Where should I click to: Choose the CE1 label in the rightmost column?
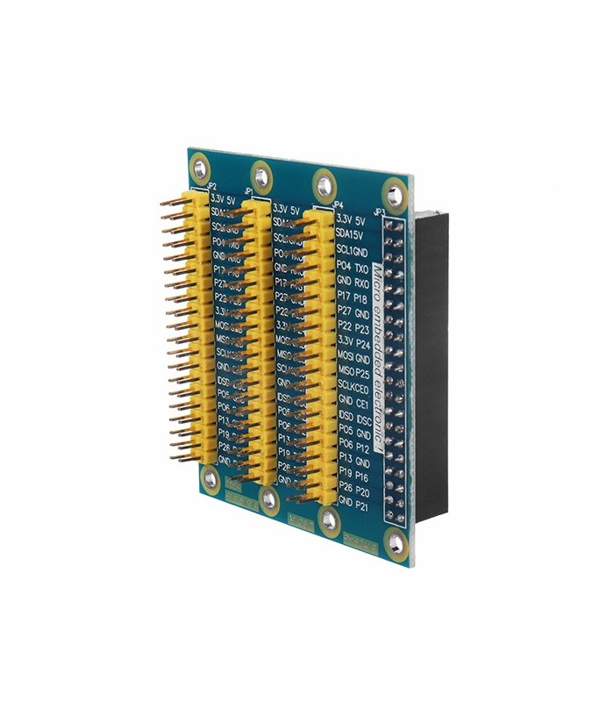tap(361, 402)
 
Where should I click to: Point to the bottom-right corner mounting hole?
tap(396, 544)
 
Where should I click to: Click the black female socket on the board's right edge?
tap(432, 369)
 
